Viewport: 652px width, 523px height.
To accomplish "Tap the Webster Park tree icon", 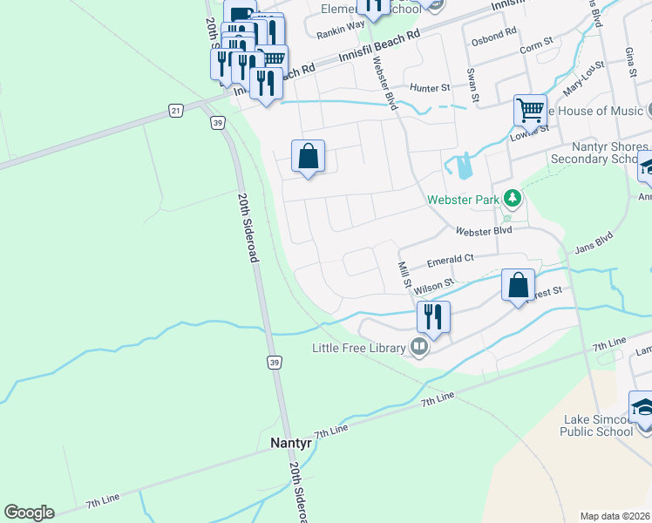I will (x=513, y=200).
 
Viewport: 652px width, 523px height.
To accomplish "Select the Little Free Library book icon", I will (x=420, y=348).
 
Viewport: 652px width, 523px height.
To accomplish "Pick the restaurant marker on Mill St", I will (x=432, y=317).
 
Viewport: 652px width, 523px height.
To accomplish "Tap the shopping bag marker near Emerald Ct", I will (x=519, y=285).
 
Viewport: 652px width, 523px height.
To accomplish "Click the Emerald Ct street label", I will (x=450, y=260).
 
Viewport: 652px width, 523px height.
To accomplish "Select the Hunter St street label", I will (x=430, y=88).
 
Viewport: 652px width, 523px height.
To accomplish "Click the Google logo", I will (x=29, y=513).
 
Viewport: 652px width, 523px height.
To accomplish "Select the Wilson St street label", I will (x=435, y=285).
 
